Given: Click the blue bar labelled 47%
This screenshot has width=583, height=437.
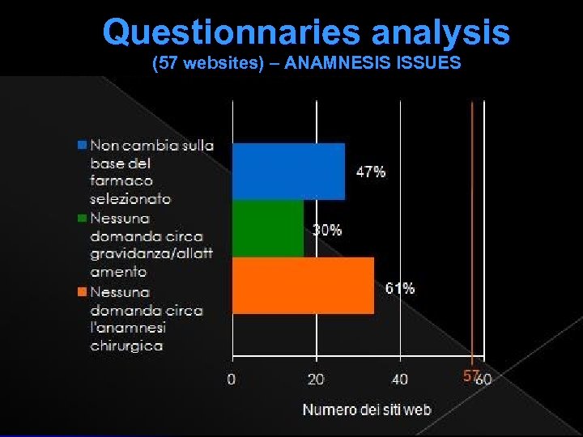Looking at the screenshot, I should click(x=288, y=171).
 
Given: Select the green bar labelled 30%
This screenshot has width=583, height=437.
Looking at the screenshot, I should click(x=268, y=228).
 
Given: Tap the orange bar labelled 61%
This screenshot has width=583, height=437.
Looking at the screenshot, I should click(x=303, y=285).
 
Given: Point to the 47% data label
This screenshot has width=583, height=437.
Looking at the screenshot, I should click(x=371, y=172).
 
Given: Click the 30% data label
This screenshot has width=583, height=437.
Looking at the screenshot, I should click(x=327, y=230).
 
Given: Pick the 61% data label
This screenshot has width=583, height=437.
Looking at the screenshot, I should click(x=400, y=288).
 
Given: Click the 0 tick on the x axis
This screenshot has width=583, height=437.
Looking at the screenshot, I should click(x=232, y=378).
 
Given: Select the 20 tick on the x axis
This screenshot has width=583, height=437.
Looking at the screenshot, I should click(x=316, y=378).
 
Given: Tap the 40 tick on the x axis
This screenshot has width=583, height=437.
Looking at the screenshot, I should click(x=400, y=378).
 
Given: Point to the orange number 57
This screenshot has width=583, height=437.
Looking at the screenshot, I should click(x=470, y=376).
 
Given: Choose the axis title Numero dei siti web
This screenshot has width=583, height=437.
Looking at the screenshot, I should click(x=367, y=409).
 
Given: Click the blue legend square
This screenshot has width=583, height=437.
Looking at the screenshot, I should click(x=82, y=146).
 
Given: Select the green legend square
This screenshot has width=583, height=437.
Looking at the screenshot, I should click(x=82, y=218).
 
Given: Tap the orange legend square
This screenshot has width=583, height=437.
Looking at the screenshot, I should click(x=82, y=292).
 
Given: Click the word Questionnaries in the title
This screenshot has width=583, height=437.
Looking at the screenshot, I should click(x=232, y=32).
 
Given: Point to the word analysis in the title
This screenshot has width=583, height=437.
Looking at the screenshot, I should click(x=440, y=32).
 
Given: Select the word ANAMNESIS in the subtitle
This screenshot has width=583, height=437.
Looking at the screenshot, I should click(x=344, y=63).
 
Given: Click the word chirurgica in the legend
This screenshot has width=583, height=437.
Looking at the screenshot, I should click(x=126, y=346).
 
